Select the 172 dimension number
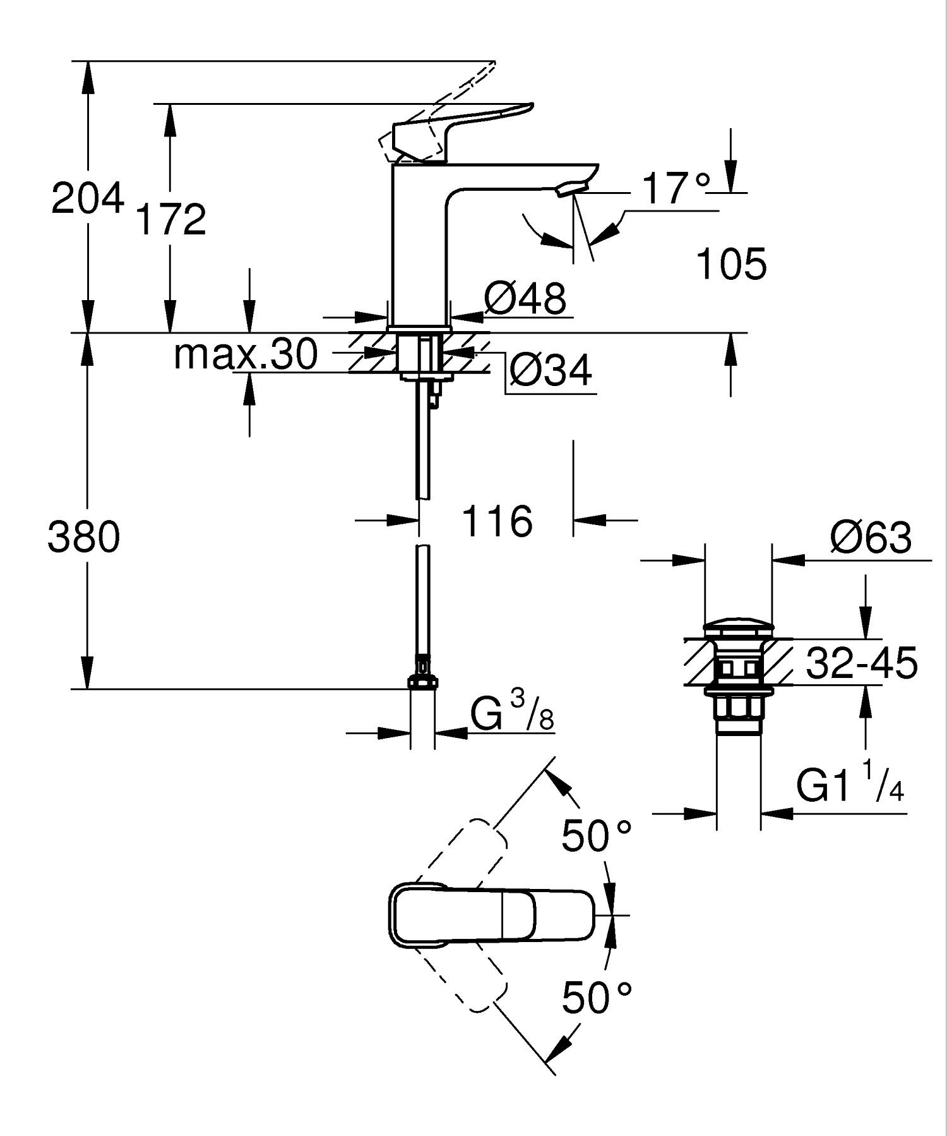point(171,219)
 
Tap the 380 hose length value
point(83,538)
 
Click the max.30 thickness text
point(246,354)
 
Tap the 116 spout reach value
point(497,521)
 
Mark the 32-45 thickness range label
point(862,663)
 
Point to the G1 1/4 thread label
point(850,783)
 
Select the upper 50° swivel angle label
point(596,835)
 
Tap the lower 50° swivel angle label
point(596,998)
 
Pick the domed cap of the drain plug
point(737,629)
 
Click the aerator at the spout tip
point(572,187)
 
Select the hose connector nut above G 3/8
point(423,681)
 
